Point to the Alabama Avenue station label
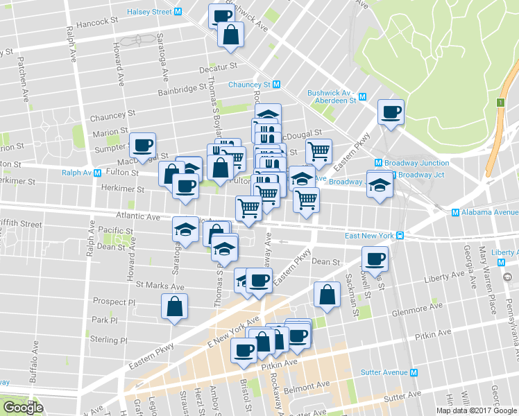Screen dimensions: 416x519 coord(485,212)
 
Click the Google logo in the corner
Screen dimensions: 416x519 coord(23,408)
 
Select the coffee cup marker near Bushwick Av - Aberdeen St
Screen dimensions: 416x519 coord(391,111)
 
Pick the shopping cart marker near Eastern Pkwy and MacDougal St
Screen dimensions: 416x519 coord(318,150)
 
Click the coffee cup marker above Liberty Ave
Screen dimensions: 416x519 coord(375,259)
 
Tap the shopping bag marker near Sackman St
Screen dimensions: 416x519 coord(326,293)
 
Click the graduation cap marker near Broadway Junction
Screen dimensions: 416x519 coord(380,184)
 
